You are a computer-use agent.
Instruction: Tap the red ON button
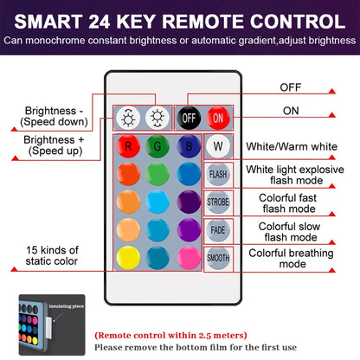click(x=216, y=117)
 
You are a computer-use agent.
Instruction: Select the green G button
click(x=157, y=145)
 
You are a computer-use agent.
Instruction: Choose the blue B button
click(x=186, y=145)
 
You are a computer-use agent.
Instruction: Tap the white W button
click(x=217, y=145)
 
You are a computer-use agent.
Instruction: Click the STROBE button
click(x=217, y=202)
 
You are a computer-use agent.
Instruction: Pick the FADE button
click(x=217, y=229)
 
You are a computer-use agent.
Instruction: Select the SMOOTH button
click(x=217, y=257)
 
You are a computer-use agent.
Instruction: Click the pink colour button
click(x=186, y=257)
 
